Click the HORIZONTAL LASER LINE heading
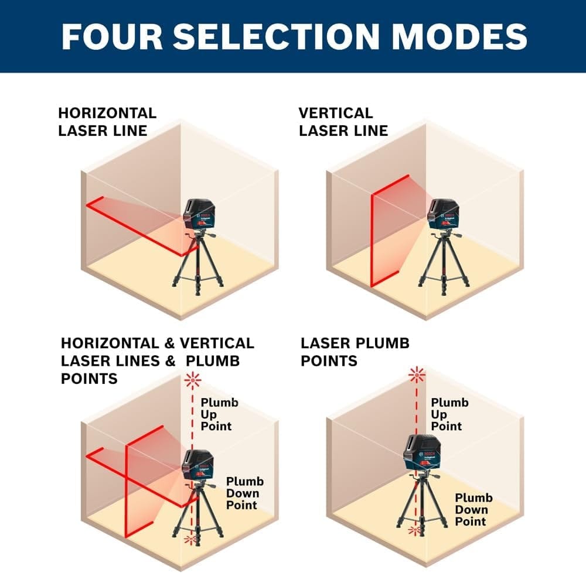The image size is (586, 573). (107, 122)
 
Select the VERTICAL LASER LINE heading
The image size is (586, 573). (343, 122)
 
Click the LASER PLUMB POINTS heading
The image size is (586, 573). (355, 352)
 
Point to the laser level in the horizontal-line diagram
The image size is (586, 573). (200, 214)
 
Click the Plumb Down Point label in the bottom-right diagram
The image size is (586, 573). (474, 510)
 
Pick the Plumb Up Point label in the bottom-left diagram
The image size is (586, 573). (220, 414)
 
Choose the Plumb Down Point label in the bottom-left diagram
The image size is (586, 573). (245, 493)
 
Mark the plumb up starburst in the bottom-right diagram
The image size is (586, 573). (417, 373)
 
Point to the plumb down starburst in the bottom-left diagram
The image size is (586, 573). (190, 538)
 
